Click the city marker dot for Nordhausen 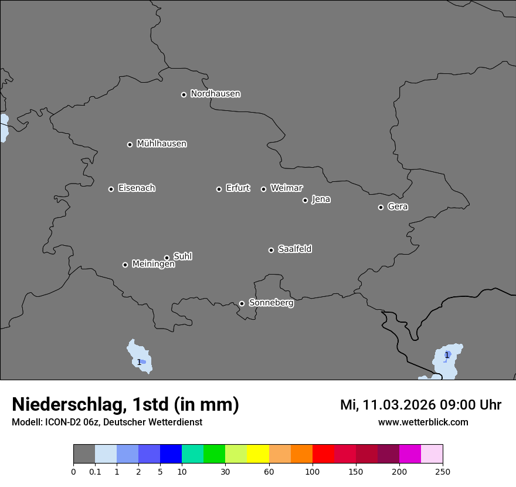pyautogui.click(x=184, y=94)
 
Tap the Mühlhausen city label pyautogui.click(x=161, y=144)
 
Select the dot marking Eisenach pyautogui.click(x=111, y=189)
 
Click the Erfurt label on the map pyautogui.click(x=237, y=188)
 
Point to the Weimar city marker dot pyautogui.click(x=263, y=189)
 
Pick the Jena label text pyautogui.click(x=321, y=199)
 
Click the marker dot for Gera pyautogui.click(x=381, y=207)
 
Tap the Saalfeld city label pyautogui.click(x=294, y=249)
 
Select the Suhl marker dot pyautogui.click(x=167, y=258)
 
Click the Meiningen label pyautogui.click(x=153, y=265)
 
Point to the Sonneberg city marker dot pyautogui.click(x=242, y=303)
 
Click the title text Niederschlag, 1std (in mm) pyautogui.click(x=125, y=405)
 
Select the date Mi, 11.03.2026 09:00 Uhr pyautogui.click(x=420, y=405)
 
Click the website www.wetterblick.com pyautogui.click(x=423, y=422)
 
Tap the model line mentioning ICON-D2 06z pyautogui.click(x=107, y=422)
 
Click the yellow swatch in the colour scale pyautogui.click(x=258, y=454)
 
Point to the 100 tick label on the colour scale pyautogui.click(x=313, y=471)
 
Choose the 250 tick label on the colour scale pyautogui.click(x=443, y=471)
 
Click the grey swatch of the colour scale pyautogui.click(x=84, y=454)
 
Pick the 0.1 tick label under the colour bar pyautogui.click(x=95, y=471)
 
